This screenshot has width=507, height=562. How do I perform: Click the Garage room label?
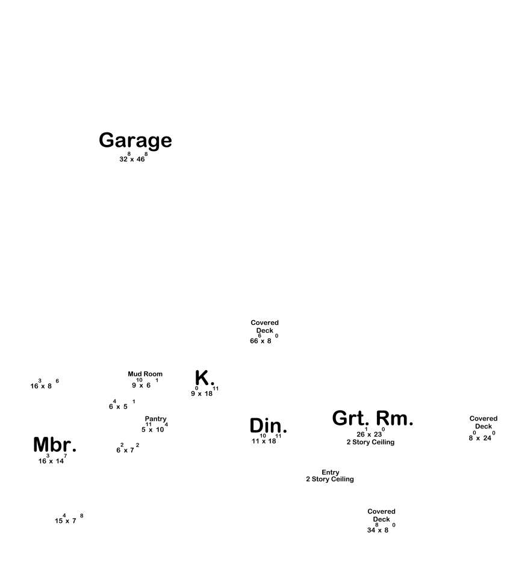click(x=135, y=140)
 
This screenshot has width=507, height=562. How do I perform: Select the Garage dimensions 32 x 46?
click(x=133, y=159)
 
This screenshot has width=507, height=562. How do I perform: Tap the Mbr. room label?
click(x=55, y=445)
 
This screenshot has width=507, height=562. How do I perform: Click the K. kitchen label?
click(x=205, y=378)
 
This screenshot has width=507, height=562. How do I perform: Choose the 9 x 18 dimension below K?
click(x=202, y=393)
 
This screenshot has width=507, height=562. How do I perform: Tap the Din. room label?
click(x=268, y=426)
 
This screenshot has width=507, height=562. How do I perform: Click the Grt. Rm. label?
click(x=373, y=419)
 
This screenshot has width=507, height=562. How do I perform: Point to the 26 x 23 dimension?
click(x=370, y=434)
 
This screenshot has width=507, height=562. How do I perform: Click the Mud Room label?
click(x=145, y=374)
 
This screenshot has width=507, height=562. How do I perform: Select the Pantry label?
click(x=155, y=419)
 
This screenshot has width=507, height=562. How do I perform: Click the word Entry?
click(x=331, y=472)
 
